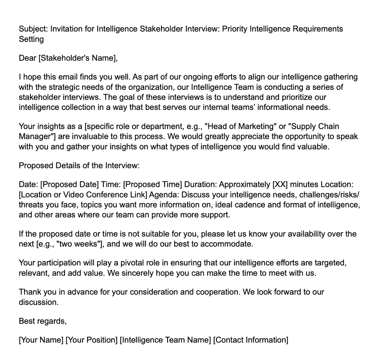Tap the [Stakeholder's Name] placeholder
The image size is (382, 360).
pos(78,58)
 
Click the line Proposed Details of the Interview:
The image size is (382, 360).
pos(79,166)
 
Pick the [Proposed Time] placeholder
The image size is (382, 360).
pos(152,184)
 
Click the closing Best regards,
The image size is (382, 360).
pos(43,321)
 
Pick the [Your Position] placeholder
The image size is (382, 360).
pos(91,340)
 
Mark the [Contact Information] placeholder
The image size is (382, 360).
pos(251,340)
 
